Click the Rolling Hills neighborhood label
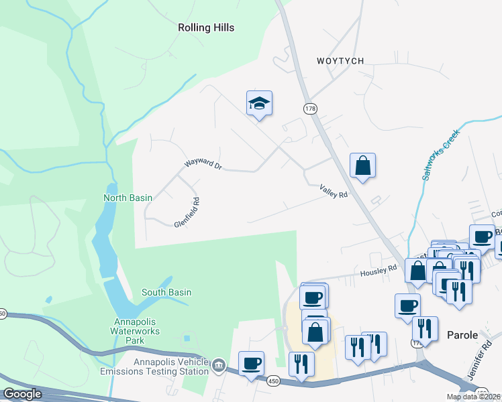(206, 27)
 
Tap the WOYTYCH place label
(340, 61)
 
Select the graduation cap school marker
(259, 104)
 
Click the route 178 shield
(309, 109)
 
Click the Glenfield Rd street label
(187, 212)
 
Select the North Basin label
(128, 198)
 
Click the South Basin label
(166, 292)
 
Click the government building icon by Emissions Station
(219, 365)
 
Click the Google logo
(22, 394)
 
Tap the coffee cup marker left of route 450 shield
(251, 364)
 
